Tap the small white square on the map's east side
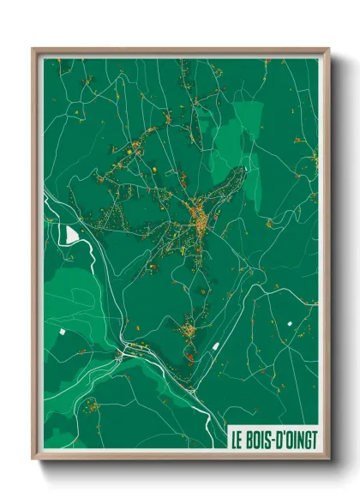pyautogui.click(x=290, y=322)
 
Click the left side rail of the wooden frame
pyautogui.click(x=35, y=257)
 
